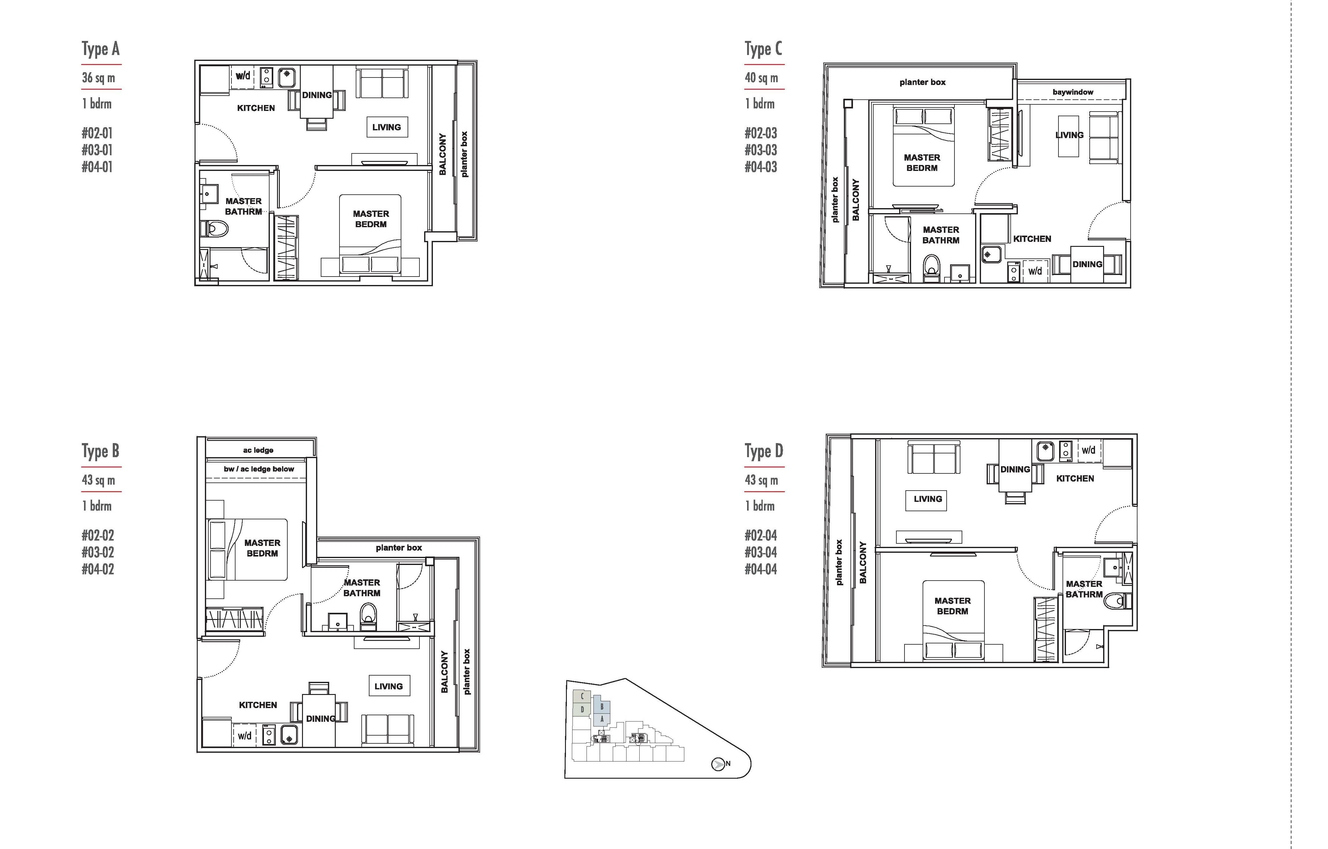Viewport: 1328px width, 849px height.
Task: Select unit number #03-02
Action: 98,552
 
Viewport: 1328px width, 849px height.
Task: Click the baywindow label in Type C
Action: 1073,92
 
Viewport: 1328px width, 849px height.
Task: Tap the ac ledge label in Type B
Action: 258,450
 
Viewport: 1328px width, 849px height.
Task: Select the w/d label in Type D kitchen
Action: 1088,450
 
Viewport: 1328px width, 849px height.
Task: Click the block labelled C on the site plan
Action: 582,696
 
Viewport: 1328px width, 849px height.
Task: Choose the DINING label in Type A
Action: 317,95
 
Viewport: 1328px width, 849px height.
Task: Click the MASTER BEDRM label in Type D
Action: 953,606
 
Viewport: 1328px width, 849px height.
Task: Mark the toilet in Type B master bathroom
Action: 369,616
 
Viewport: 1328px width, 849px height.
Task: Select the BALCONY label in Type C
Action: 856,200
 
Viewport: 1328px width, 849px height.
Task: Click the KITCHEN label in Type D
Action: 1075,478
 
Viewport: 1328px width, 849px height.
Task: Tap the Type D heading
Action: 764,451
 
